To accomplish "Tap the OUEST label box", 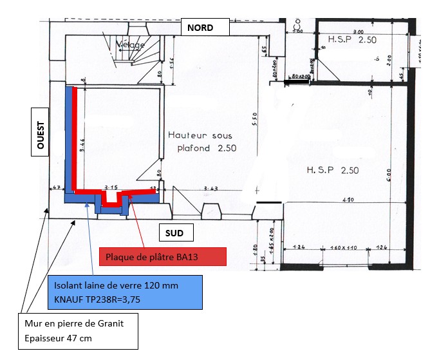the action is pyautogui.click(x=41, y=136).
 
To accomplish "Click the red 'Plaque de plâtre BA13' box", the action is pyautogui.click(x=163, y=256).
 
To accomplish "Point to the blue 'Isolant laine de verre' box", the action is pyautogui.click(x=125, y=291).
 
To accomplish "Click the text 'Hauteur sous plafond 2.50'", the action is pyautogui.click(x=199, y=141).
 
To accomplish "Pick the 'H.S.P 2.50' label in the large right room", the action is pyautogui.click(x=332, y=170).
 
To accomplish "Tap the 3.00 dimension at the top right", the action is pyautogui.click(x=358, y=31).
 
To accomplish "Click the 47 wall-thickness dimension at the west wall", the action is pyautogui.click(x=56, y=188).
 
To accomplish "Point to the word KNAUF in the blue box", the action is pyautogui.click(x=69, y=298).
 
